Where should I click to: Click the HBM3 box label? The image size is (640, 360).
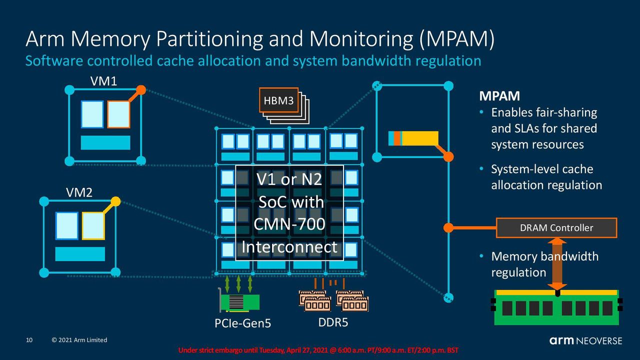(278, 100)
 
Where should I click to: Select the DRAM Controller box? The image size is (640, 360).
(556, 227)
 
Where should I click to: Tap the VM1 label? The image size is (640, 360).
(103, 81)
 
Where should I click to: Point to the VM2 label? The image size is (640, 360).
(79, 192)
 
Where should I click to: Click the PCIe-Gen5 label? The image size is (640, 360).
(242, 323)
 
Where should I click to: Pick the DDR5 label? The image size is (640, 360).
(333, 322)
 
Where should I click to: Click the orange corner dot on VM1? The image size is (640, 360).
(141, 90)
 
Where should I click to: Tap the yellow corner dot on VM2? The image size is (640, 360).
(115, 201)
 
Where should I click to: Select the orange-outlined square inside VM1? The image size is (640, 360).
(118, 114)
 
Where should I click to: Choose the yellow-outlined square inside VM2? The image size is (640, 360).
(93, 225)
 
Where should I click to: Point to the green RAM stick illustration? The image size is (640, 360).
(556, 307)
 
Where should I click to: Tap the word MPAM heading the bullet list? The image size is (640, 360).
(499, 96)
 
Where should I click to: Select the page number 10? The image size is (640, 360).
(29, 340)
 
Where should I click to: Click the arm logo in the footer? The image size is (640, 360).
(561, 340)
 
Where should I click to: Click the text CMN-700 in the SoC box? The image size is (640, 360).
(289, 224)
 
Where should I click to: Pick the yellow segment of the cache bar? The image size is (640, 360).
(420, 138)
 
